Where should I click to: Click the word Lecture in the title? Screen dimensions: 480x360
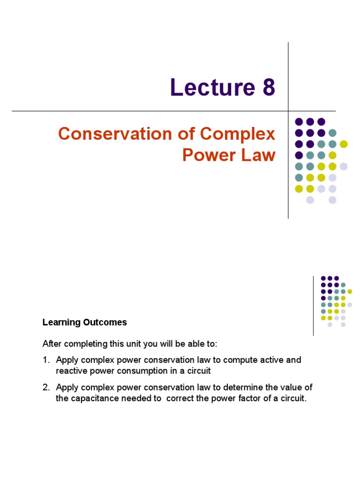(x=208, y=88)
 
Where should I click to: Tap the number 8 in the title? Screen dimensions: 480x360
(x=266, y=88)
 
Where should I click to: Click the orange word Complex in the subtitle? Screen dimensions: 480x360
(x=239, y=134)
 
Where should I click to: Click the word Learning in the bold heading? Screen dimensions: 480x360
(x=60, y=322)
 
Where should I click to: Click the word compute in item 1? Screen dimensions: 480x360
(x=244, y=360)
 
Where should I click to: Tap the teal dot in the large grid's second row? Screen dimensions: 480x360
(x=332, y=133)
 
